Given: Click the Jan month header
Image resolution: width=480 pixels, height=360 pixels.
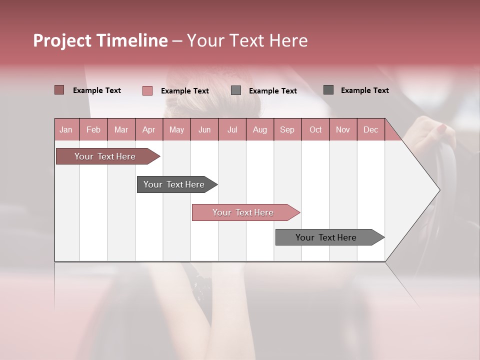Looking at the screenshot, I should click(66, 129).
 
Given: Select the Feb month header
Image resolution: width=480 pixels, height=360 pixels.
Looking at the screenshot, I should click(93, 129).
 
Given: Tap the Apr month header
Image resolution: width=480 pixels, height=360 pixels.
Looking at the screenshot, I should click(148, 129).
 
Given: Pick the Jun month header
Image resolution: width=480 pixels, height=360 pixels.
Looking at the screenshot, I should click(204, 129).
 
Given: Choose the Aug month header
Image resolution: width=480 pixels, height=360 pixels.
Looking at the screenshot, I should click(259, 129).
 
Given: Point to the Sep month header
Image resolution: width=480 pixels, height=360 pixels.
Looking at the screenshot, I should click(287, 129).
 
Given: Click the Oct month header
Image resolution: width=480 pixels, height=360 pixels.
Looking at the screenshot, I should click(315, 129).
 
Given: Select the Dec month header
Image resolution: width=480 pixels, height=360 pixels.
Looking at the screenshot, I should click(370, 129).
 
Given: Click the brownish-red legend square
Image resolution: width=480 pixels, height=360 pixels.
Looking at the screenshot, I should click(59, 90).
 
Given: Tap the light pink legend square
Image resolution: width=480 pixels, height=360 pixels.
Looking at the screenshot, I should click(147, 90).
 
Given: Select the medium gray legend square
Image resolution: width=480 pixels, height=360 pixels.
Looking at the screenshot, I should click(236, 90).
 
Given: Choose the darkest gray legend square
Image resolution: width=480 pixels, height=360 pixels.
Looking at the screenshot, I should click(328, 90).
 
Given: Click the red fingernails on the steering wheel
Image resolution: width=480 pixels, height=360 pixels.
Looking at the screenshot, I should click(441, 128).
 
